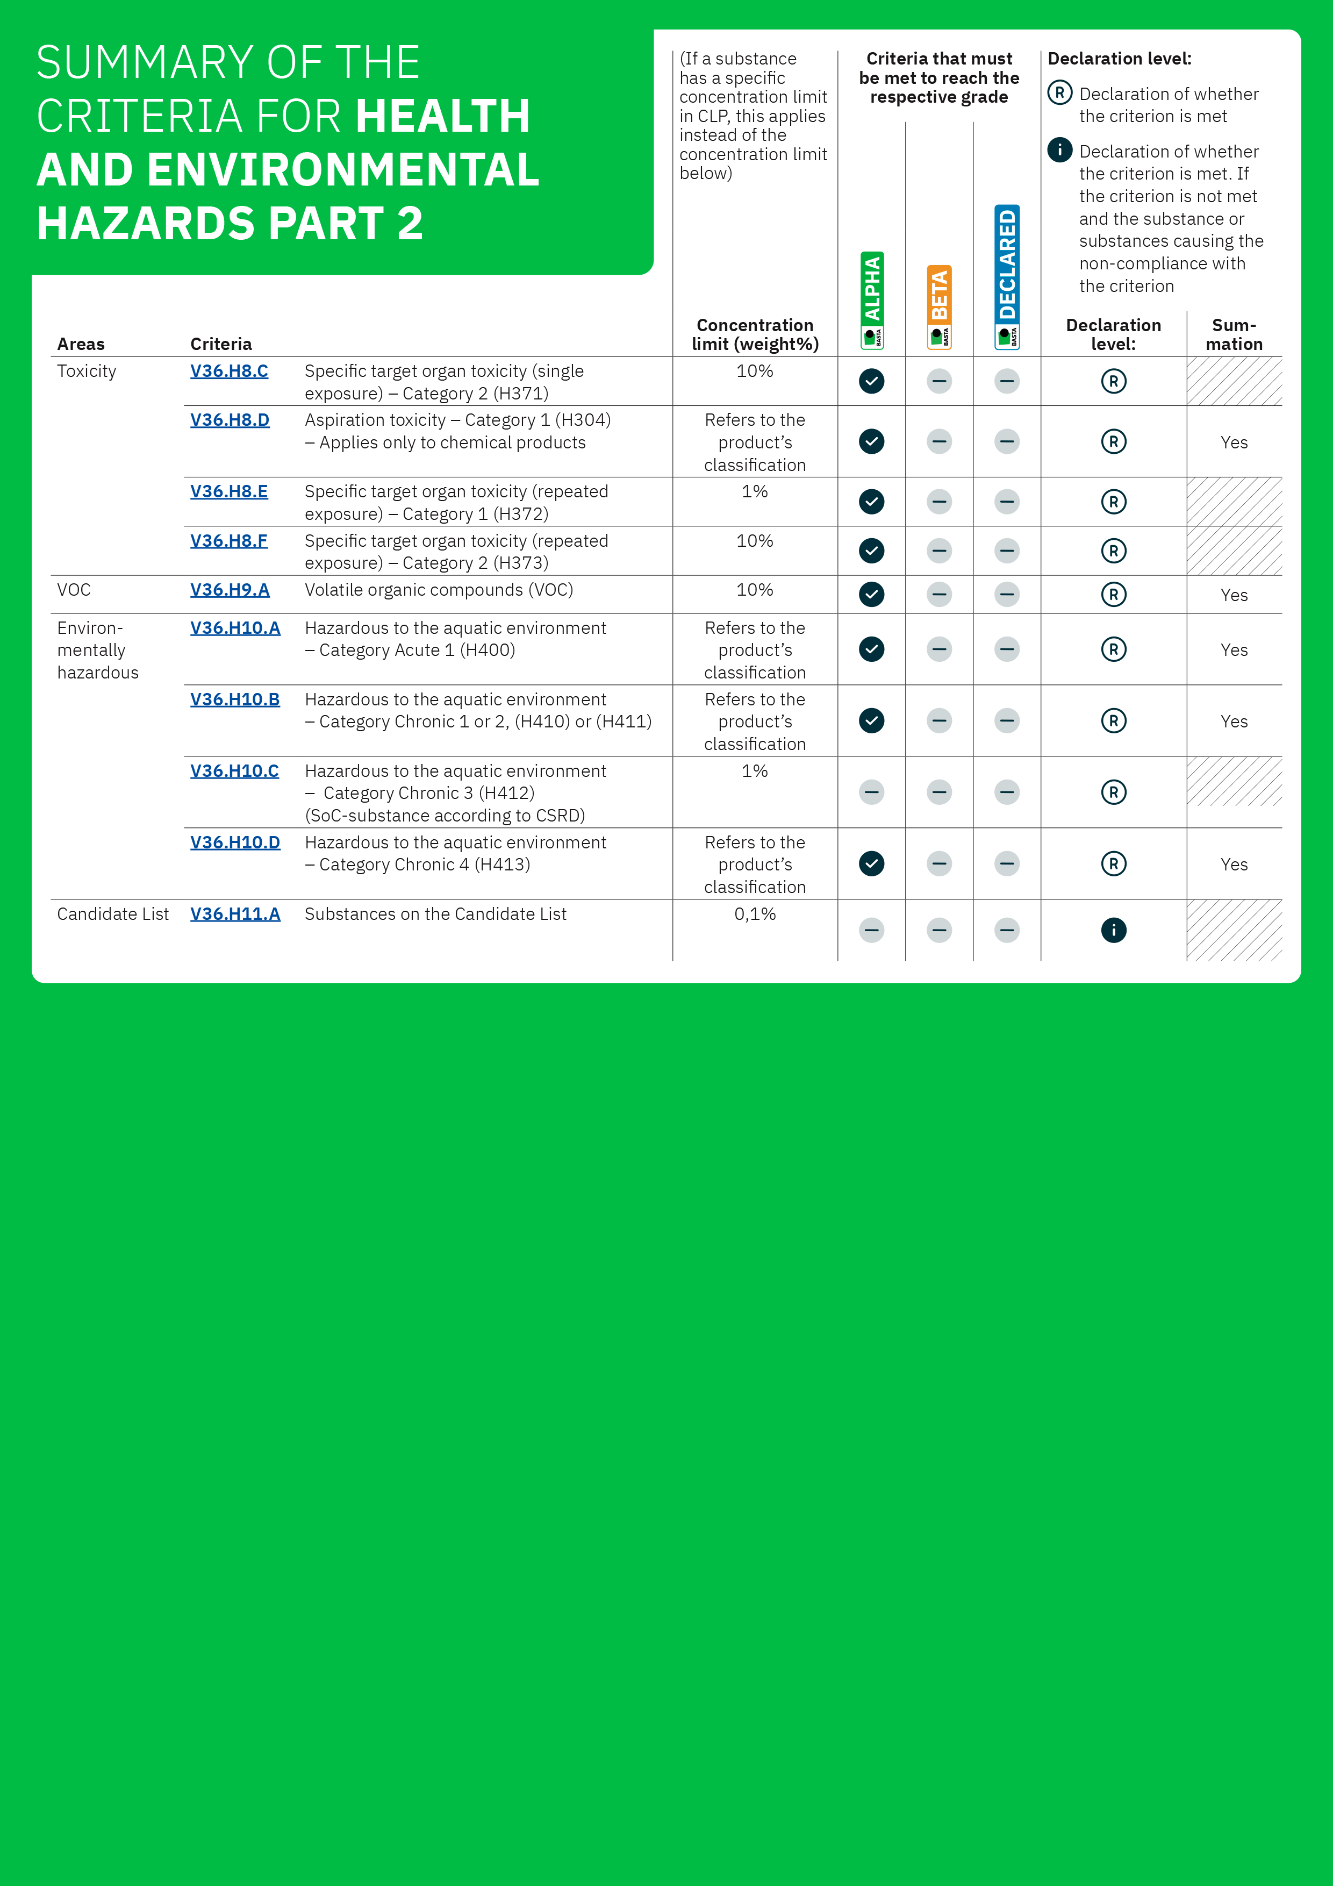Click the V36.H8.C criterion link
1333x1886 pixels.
tap(229, 372)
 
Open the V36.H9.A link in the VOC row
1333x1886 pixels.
tap(230, 590)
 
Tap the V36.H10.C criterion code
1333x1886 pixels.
tap(234, 770)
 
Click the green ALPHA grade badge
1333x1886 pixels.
tap(872, 300)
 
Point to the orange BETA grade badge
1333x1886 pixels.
tap(940, 306)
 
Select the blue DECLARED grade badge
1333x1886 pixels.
tap(1007, 277)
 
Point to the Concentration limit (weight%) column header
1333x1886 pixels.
tap(755, 334)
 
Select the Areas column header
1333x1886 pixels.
tap(81, 344)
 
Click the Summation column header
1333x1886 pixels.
tap(1234, 334)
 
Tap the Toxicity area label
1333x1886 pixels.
tap(86, 372)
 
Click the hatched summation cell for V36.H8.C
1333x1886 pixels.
tap(1234, 381)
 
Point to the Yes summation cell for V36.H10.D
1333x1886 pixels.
tap(1234, 864)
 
